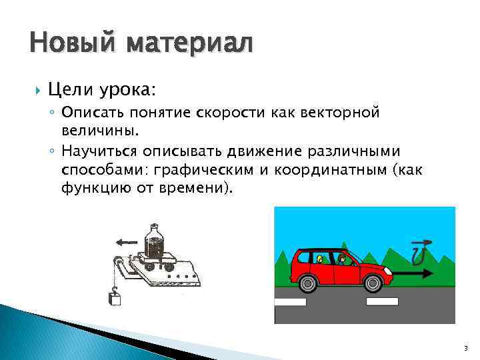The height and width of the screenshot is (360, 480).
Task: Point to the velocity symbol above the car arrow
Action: (x=419, y=251)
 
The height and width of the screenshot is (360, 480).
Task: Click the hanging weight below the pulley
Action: (x=115, y=297)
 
